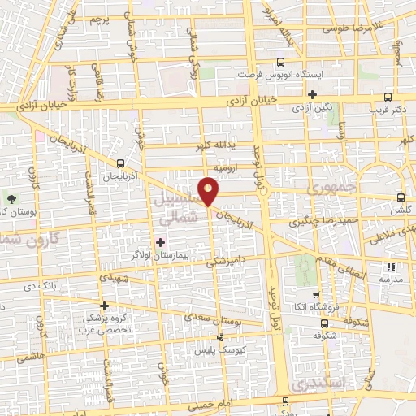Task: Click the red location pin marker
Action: pos(210,191)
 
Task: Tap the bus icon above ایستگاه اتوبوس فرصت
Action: pos(280,62)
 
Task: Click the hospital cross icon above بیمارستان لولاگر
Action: pos(160,241)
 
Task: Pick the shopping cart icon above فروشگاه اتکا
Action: pos(316,295)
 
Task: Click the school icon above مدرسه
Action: pos(391,266)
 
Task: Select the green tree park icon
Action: pos(11,199)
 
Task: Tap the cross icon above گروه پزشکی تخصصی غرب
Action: pos(103,305)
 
